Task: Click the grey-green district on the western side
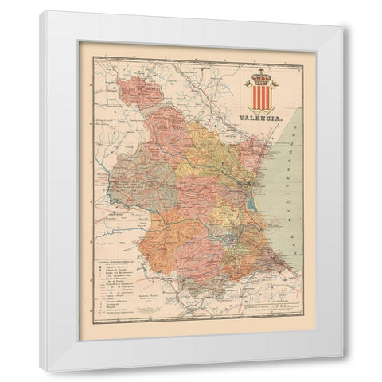[139, 175]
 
